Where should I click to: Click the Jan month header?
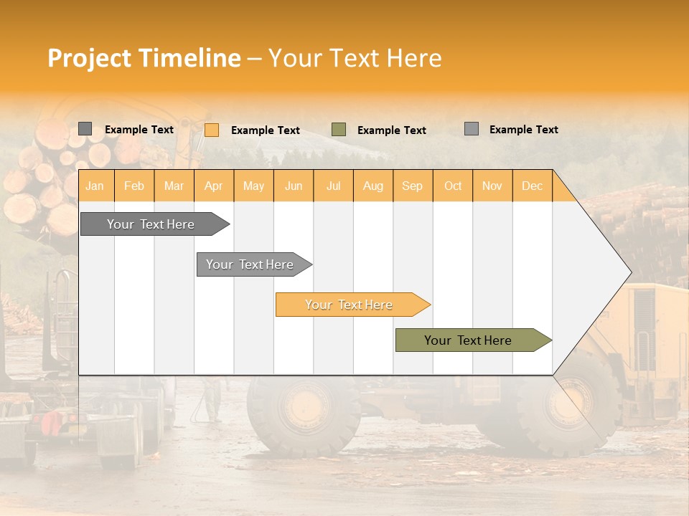click(x=95, y=186)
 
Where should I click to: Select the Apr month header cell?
click(x=213, y=186)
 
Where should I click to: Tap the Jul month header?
click(x=333, y=186)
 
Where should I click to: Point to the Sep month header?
click(x=412, y=186)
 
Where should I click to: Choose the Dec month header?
click(x=532, y=186)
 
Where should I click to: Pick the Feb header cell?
click(x=134, y=186)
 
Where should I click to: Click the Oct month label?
click(x=453, y=186)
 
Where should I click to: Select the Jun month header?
click(x=294, y=186)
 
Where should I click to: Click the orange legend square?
click(x=212, y=130)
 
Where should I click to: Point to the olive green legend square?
click(x=339, y=130)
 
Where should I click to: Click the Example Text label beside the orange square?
click(x=266, y=130)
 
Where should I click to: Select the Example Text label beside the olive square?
click(x=392, y=130)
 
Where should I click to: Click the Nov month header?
click(x=492, y=186)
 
